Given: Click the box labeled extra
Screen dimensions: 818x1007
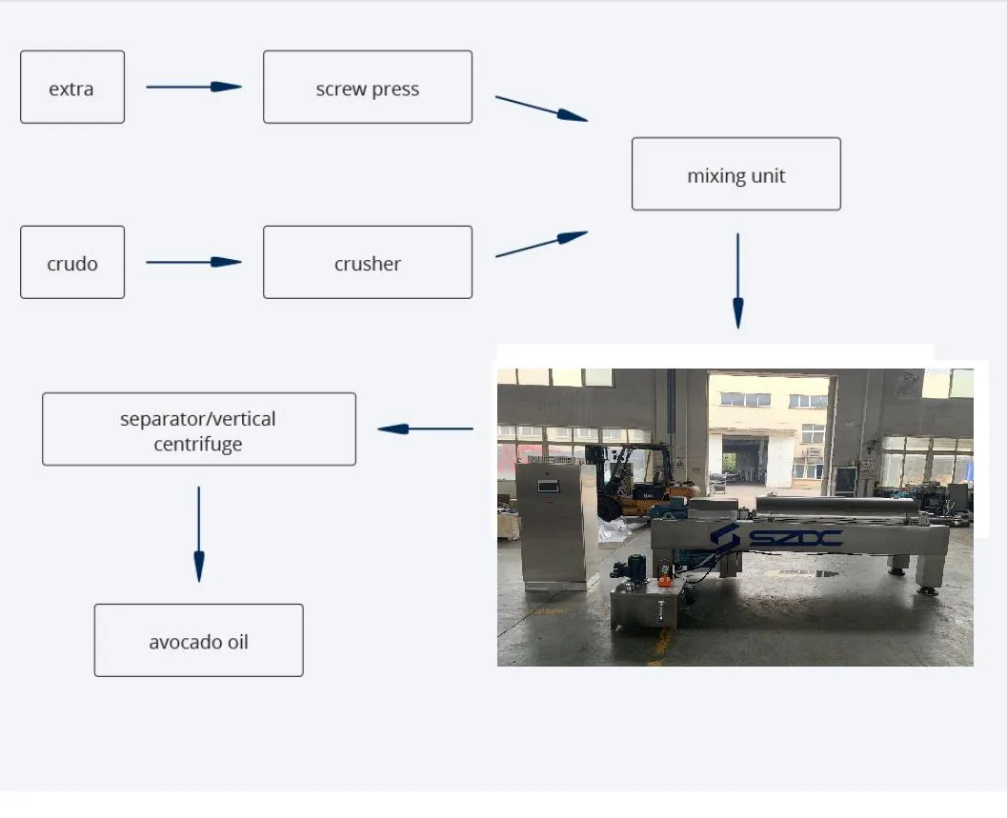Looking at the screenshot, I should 72,88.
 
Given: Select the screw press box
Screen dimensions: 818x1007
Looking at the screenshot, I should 368,88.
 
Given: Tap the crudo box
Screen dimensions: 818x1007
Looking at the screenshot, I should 72,263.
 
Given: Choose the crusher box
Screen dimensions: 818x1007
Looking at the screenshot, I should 368,263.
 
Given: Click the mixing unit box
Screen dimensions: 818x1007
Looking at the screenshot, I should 736,174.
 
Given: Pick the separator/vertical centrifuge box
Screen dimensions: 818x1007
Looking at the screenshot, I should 199,429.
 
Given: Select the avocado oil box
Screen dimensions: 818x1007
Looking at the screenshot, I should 199,641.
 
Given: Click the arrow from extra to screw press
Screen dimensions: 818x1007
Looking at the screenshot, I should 193,87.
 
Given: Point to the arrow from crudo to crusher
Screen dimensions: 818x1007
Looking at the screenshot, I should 193,262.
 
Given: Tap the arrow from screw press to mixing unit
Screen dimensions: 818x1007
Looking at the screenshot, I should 541,109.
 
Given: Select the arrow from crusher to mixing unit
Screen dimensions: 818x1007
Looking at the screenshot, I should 541,244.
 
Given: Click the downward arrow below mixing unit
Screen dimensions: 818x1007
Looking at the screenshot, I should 737,281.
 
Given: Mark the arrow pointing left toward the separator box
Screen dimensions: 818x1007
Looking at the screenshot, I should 425,429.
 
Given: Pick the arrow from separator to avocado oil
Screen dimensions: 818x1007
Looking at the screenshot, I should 198,533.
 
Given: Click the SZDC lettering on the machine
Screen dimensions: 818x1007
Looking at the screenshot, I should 776,538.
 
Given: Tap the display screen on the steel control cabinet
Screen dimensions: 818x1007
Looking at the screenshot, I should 548,486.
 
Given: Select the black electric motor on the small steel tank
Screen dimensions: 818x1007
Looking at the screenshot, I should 631,569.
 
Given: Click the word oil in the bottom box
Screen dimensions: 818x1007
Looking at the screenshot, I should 237,641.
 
